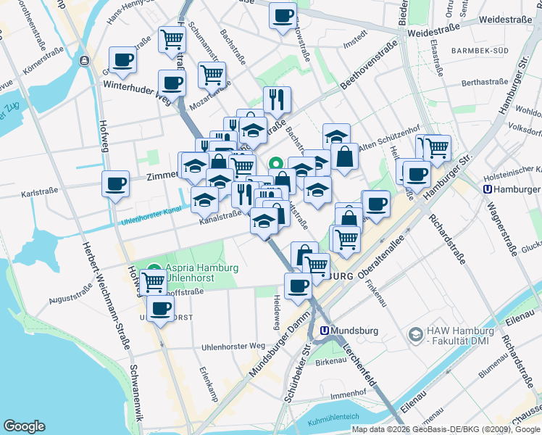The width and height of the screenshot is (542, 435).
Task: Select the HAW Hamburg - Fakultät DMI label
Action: pos(460,334)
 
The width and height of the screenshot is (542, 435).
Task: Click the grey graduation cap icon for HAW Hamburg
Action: pos(415,334)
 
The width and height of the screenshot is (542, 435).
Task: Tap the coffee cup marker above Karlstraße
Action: pos(116,184)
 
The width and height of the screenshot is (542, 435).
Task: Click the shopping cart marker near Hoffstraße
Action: pos(153,281)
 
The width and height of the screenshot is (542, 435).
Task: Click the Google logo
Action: pos(24,426)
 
